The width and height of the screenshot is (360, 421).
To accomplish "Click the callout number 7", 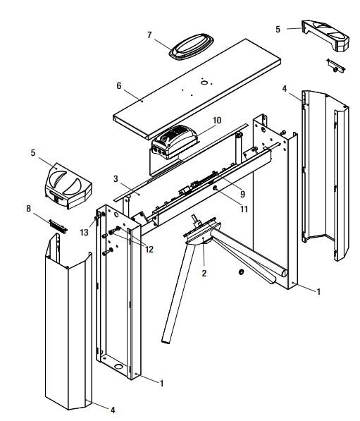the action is coord(149,35).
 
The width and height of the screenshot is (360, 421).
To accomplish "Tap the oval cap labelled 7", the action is coord(191,45).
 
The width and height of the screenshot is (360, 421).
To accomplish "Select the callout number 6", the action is coord(119,86).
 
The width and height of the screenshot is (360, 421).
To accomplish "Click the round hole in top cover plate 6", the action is coord(204,83).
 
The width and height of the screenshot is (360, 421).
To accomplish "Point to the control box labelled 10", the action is coord(175,142).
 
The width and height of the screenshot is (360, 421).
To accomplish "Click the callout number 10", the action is coord(217,121).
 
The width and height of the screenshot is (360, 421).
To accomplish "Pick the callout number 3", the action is coord(116,179).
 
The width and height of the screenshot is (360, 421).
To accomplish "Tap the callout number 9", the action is coord(243,194).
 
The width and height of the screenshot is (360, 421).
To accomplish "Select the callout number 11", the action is coord(244,209).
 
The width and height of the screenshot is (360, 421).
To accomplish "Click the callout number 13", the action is coord(85,232).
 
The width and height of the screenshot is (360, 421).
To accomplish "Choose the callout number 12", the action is coord(149,250).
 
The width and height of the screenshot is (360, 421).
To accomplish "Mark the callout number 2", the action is coord(204,274).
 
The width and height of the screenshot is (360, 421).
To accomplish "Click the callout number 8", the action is coord(28,208).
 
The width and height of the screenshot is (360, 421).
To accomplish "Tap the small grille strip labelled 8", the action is coord(58,226).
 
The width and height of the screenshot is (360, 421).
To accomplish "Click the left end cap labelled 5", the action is coord(68,185).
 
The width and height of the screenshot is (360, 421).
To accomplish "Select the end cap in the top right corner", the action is coord(325,35).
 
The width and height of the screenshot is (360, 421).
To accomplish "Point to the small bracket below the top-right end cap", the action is coord(335,66).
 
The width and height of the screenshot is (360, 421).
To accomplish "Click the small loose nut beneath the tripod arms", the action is coord(241,272).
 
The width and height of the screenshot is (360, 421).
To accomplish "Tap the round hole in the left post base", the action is coord(118,366).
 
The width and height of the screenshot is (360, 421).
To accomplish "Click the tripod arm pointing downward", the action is coord(178,293).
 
